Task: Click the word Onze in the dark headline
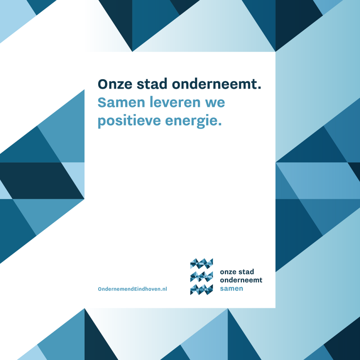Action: pyautogui.click(x=115, y=84)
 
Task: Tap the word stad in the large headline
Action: pyautogui.click(x=152, y=84)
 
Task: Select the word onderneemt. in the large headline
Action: pyautogui.click(x=216, y=84)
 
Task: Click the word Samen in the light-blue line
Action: pyautogui.click(x=121, y=102)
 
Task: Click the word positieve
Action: pyautogui.click(x=129, y=121)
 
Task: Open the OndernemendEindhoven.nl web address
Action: pyautogui.click(x=133, y=289)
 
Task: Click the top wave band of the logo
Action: pyautogui.click(x=202, y=263)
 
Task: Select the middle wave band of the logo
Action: pyautogui.click(x=202, y=277)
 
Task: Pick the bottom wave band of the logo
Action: pyautogui.click(x=202, y=290)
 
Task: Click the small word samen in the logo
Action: pyautogui.click(x=231, y=288)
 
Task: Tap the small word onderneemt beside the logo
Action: pyautogui.click(x=241, y=280)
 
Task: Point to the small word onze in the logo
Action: pyautogui.click(x=228, y=272)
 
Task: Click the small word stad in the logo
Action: pyautogui.click(x=246, y=271)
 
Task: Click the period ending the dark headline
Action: pyautogui.click(x=260, y=88)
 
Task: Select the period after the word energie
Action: pyautogui.click(x=220, y=124)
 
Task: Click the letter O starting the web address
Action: pyautogui.click(x=100, y=289)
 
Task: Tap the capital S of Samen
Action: pyautogui.click(x=102, y=102)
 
